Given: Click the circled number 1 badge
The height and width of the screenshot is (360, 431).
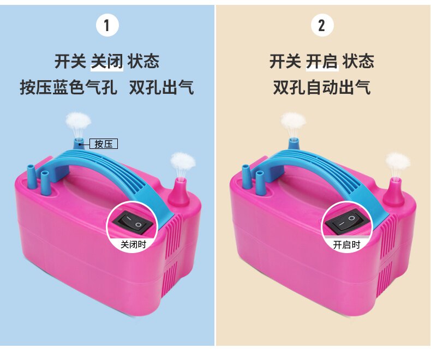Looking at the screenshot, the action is point(107,25).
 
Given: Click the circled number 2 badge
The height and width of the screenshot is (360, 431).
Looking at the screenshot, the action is point(322,25).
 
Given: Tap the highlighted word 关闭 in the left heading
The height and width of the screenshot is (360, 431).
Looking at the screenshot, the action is point(107,61).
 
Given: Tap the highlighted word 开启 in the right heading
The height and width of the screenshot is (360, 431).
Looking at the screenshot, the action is point(322,61).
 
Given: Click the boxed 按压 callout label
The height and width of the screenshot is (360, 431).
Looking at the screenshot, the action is point(104,143).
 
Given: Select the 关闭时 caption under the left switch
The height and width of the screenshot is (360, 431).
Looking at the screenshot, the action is point(133,244).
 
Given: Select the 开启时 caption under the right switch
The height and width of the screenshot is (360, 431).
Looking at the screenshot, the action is point(346,244).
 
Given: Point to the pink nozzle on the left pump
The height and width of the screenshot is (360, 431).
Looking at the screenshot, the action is point(178,193).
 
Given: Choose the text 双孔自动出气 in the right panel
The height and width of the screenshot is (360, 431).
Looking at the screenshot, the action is point(322,87).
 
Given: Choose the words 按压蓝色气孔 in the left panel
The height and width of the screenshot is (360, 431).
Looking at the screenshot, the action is point(69,87).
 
